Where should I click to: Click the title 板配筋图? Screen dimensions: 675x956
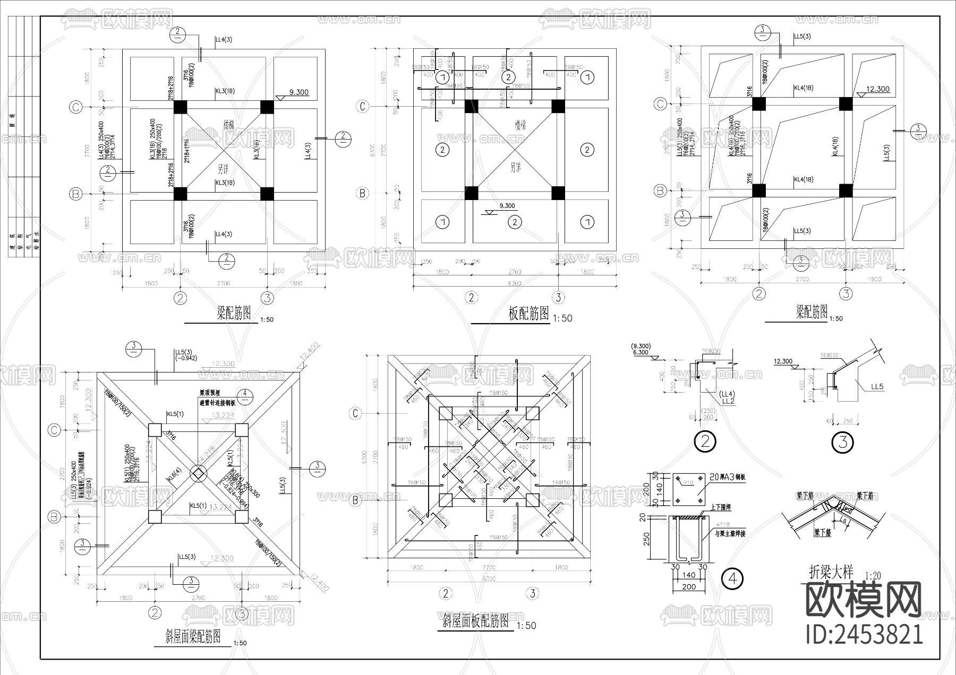coord(528,314)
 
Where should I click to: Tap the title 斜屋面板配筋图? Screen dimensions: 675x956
coord(476,620)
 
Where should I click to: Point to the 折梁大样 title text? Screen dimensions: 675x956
coord(831,572)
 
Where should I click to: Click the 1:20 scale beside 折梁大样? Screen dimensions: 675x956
coord(873,575)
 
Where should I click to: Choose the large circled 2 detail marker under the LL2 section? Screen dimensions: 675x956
coord(705,442)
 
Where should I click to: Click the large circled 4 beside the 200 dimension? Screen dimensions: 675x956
coord(733,578)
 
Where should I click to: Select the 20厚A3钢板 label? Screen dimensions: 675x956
coord(728,477)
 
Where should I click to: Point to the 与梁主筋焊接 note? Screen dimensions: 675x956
coord(730,534)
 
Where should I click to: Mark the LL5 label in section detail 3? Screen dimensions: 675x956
coord(877,387)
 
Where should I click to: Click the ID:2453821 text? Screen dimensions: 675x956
coord(864,634)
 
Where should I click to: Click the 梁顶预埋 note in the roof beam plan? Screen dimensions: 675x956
coord(210,393)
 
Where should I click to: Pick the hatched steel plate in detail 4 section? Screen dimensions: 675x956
coord(690,517)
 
